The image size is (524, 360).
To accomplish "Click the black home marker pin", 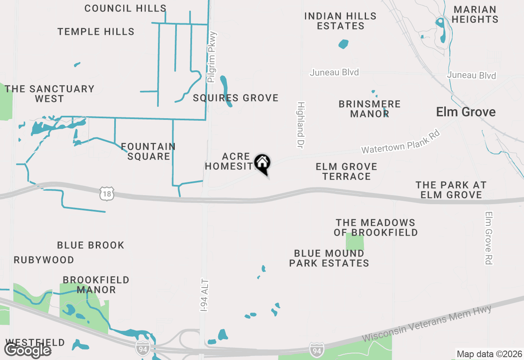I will click(x=262, y=164).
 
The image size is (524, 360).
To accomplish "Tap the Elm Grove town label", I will click(x=466, y=112).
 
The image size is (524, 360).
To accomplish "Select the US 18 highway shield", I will click(x=107, y=193).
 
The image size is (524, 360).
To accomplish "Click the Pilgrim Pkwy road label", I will click(x=212, y=57).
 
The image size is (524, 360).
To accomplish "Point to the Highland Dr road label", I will click(x=301, y=125).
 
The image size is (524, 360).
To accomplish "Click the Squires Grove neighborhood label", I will click(x=236, y=98).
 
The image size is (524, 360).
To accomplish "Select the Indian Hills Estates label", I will click(x=341, y=21).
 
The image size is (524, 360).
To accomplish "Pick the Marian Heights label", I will click(x=475, y=14).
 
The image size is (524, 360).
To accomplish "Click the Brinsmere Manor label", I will click(x=370, y=109).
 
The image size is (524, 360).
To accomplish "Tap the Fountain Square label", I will click(x=148, y=151).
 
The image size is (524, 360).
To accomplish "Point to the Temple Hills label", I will click(x=96, y=32).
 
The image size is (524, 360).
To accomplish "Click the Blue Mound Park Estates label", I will click(x=329, y=258).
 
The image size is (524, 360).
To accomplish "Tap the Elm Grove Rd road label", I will click(x=488, y=238).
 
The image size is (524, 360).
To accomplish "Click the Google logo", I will click(x=27, y=350).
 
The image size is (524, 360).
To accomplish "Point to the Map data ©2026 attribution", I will click(x=489, y=354).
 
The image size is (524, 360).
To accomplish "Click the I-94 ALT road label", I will click(x=205, y=295).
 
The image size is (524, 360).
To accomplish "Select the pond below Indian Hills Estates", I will click(x=343, y=43).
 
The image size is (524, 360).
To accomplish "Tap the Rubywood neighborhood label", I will click(x=44, y=260).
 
